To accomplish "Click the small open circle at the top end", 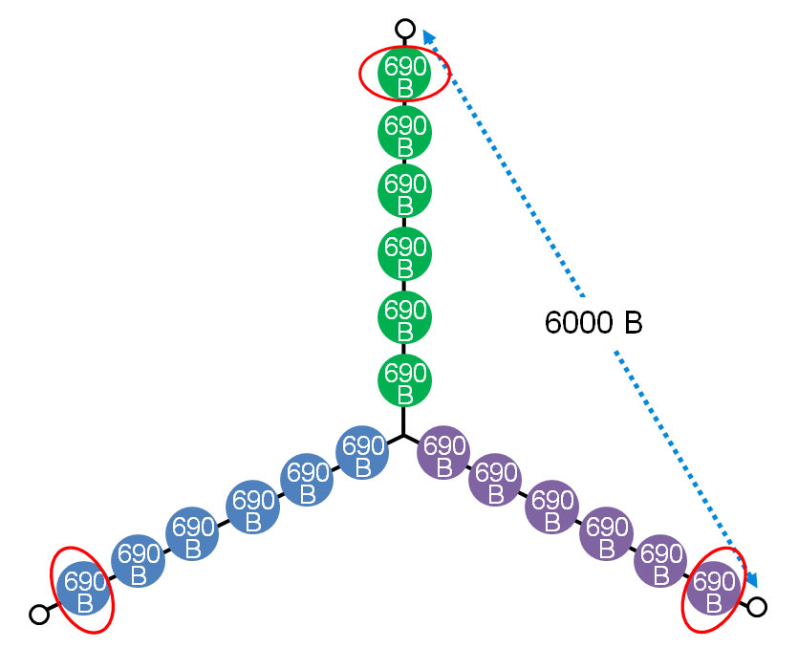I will (x=405, y=29).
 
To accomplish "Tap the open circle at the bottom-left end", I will (x=39, y=615).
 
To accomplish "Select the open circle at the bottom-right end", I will (x=757, y=606).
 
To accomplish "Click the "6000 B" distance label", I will (x=593, y=323).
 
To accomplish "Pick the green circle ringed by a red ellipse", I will (x=404, y=73).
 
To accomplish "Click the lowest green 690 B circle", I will (x=404, y=380).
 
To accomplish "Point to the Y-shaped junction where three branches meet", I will (x=404, y=435).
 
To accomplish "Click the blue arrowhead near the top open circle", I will (x=429, y=35).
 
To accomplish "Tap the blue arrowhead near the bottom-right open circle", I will (x=753, y=580).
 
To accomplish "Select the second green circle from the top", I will (x=404, y=134).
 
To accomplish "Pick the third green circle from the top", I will (x=404, y=191).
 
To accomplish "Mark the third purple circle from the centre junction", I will (x=551, y=508).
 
